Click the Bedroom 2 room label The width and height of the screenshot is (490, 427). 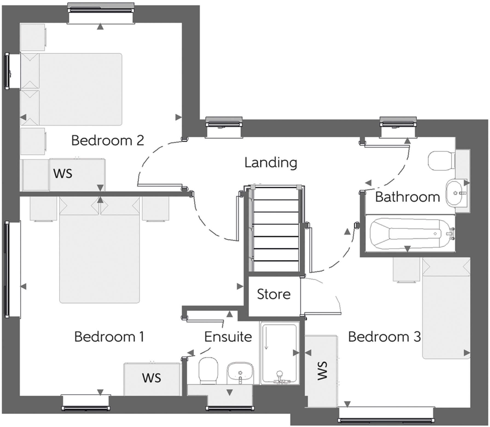point(108,140)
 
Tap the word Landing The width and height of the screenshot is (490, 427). point(271,163)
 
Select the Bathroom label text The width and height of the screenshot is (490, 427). point(407,197)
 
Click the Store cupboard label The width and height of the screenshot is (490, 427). point(274,294)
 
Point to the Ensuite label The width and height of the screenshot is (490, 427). point(228,337)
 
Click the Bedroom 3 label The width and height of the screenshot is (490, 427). point(384,337)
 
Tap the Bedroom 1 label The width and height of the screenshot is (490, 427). point(109,337)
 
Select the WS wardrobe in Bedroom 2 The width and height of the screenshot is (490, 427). point(63,174)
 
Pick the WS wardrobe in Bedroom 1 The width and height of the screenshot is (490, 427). point(152,378)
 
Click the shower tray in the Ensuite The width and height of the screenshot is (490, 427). point(279,353)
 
